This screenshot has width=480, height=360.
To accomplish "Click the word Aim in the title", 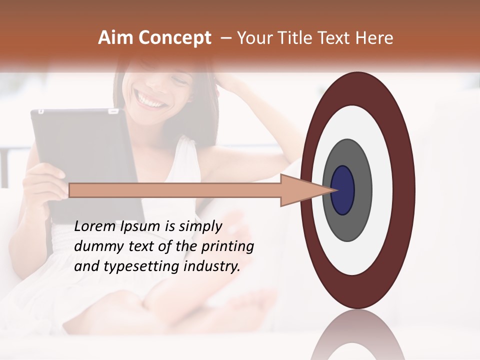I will [x=116, y=38].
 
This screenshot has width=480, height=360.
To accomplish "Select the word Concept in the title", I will [x=175, y=38].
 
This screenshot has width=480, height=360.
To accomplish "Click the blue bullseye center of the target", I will [x=343, y=190].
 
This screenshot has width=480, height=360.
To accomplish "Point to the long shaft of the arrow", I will [x=175, y=190].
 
